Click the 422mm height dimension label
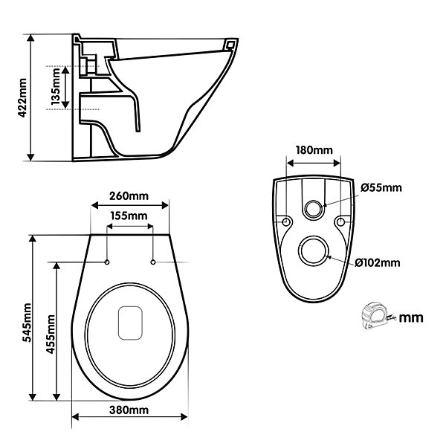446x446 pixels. coord(22,97)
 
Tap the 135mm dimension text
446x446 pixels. coord(56,86)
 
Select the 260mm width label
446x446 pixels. coord(129,196)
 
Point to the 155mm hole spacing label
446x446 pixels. coord(129,216)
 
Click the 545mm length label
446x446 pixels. coord(28,323)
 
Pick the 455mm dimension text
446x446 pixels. coord(51,334)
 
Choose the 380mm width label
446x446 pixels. coord(129,410)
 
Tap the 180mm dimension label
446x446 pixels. coord(314,150)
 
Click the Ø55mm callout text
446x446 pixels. coord(381,188)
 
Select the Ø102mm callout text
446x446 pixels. coord(377,262)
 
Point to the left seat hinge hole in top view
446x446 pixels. coord(107,262)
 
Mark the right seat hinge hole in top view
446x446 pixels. coord(153,262)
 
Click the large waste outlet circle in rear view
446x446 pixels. coord(314,238)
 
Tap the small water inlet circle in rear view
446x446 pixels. coord(313,201)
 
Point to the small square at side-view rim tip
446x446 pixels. coord(230,44)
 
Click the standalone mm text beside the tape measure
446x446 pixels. coord(411,317)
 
